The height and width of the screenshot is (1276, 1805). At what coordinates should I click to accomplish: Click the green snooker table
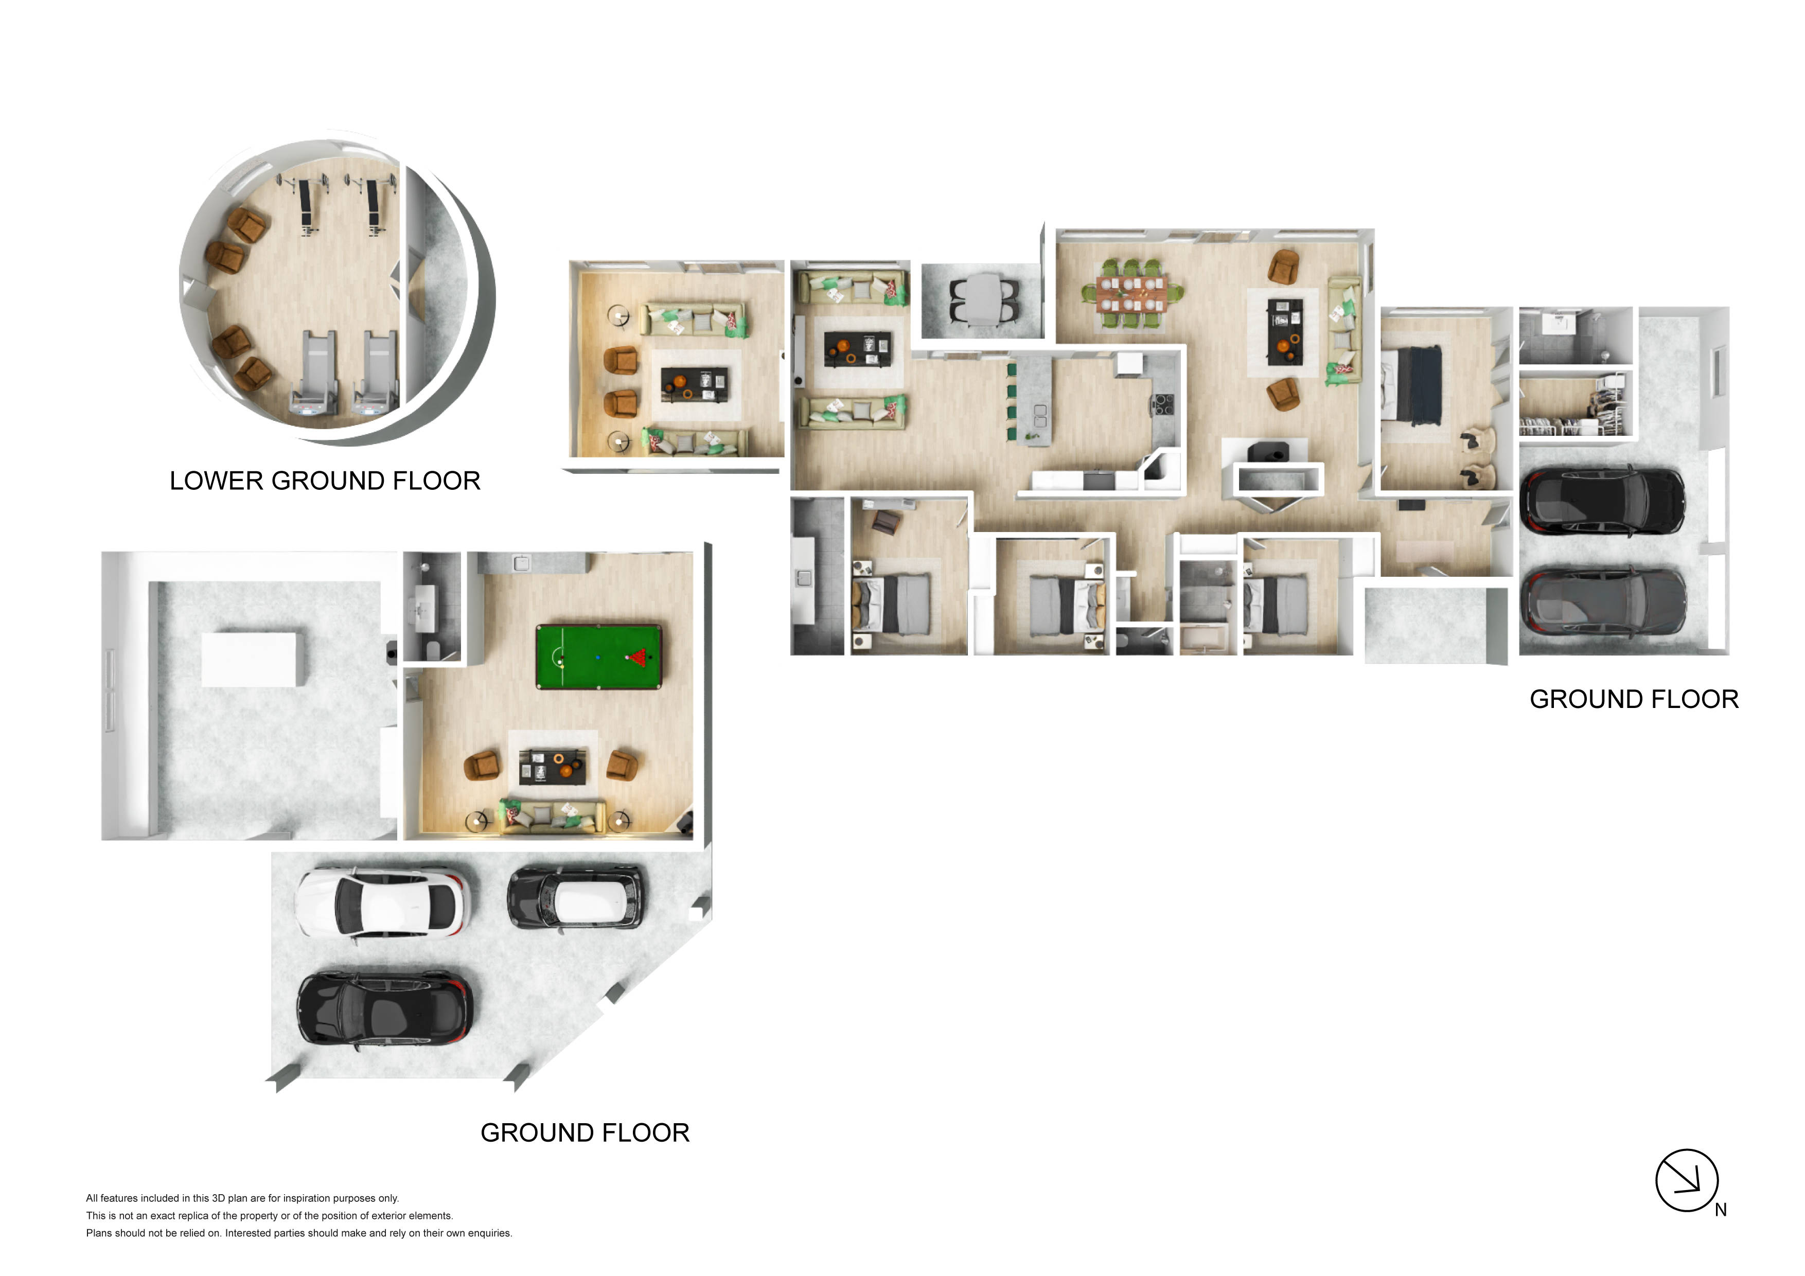pos(599,657)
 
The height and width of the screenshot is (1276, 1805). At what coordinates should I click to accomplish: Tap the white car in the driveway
pos(383,903)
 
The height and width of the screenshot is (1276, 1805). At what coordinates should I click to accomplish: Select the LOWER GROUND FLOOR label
pos(325,481)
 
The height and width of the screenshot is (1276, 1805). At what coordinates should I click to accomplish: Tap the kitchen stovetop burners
pos(1163,404)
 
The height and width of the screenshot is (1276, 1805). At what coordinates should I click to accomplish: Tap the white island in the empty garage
pos(249,659)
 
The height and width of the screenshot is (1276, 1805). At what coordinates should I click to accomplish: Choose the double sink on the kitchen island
pos(1039,415)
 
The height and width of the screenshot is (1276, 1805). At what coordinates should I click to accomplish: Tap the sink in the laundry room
pos(803,578)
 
